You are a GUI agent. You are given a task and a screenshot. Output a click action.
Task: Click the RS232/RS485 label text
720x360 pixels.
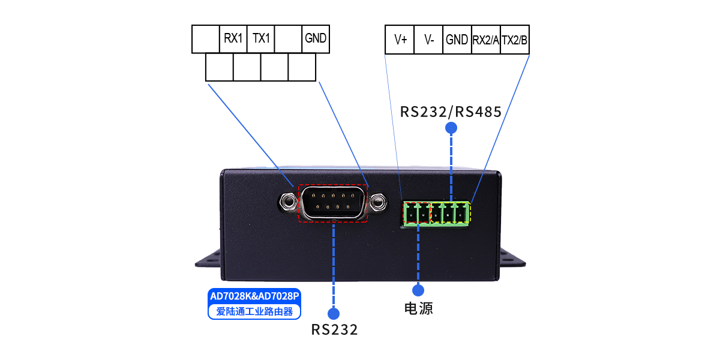pos(451,112)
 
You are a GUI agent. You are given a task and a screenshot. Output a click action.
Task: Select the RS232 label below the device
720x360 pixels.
pos(334,329)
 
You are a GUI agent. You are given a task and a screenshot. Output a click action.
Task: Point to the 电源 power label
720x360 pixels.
pos(418,308)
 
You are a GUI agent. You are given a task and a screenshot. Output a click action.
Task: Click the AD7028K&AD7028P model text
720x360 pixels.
pos(254,296)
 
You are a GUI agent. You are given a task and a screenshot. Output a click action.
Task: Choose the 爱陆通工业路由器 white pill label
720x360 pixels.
pos(254,311)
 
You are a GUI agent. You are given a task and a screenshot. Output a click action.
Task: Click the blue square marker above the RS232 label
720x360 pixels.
pos(333,313)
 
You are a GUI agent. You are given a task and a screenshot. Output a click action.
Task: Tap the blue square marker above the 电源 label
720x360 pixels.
pos(418,290)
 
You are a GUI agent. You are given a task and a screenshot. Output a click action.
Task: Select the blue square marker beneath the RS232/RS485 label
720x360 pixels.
pos(451,127)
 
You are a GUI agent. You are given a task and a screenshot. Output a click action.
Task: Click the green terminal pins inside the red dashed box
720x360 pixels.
pos(418,213)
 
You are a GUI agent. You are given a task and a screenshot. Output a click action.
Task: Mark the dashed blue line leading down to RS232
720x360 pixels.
pos(333,264)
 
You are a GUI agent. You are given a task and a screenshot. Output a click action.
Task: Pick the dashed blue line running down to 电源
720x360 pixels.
pos(418,252)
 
